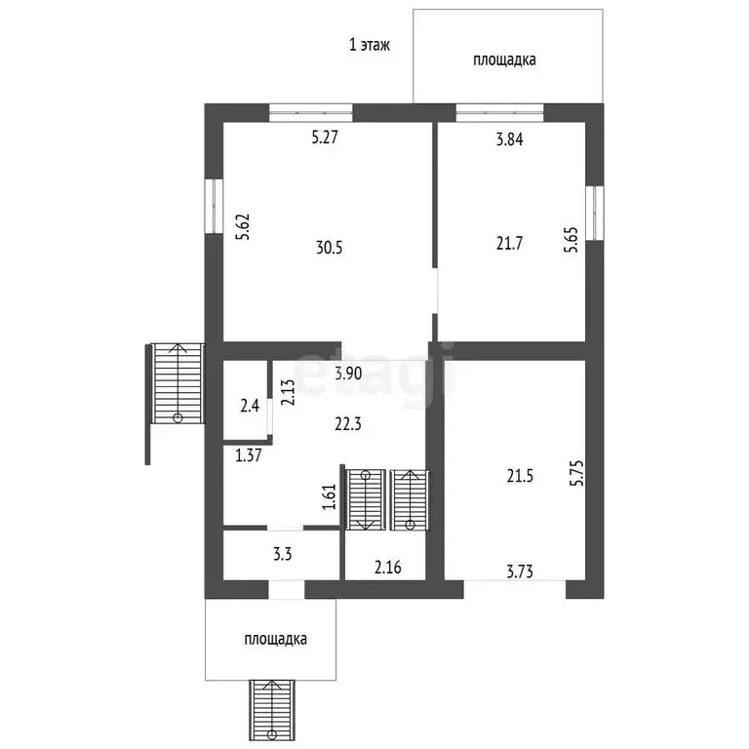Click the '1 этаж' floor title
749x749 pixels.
370,45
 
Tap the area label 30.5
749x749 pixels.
329,248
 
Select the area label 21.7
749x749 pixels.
509,244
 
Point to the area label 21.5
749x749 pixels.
520,476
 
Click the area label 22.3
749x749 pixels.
348,423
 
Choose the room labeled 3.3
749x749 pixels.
282,555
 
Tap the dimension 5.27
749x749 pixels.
325,138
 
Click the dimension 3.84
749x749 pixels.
509,139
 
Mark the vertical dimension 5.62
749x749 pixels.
244,227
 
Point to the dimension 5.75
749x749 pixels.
577,473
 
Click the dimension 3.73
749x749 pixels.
520,572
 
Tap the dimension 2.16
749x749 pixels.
388,568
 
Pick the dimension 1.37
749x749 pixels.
249,455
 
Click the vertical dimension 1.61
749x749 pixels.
330,496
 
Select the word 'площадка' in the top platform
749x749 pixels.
504,60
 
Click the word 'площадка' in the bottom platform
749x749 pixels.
276,639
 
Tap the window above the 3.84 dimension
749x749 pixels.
499,113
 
